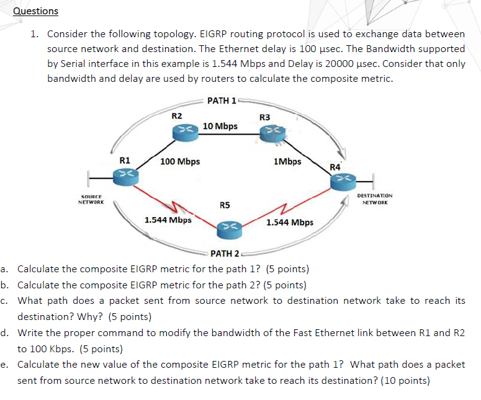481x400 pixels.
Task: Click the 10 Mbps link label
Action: (x=220, y=126)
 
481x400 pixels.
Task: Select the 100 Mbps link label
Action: (x=180, y=161)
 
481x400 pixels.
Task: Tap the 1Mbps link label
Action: (x=287, y=161)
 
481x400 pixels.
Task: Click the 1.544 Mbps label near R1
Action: (x=168, y=220)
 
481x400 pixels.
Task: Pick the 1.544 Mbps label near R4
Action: (x=289, y=222)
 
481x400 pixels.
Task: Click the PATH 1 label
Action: (x=222, y=100)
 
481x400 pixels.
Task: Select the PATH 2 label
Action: (x=225, y=253)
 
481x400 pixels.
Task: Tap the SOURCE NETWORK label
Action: (x=91, y=200)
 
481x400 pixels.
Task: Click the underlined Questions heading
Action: (x=35, y=11)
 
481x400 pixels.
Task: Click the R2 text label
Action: (x=177, y=115)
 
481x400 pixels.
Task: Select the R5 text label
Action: (x=225, y=205)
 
